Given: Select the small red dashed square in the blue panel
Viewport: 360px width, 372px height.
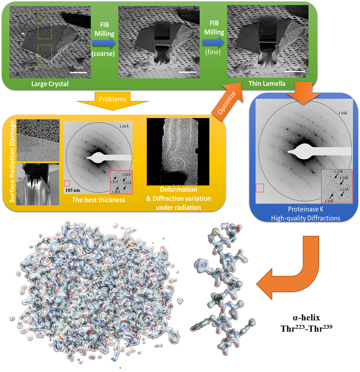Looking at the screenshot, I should pos(260,187).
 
